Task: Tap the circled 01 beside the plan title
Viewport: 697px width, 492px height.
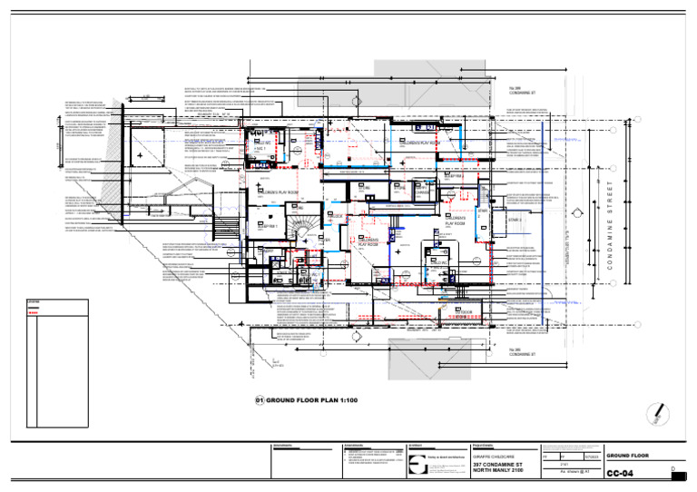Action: [259, 400]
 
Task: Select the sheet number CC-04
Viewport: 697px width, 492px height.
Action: [620, 474]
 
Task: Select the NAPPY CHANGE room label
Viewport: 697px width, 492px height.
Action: [425, 191]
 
